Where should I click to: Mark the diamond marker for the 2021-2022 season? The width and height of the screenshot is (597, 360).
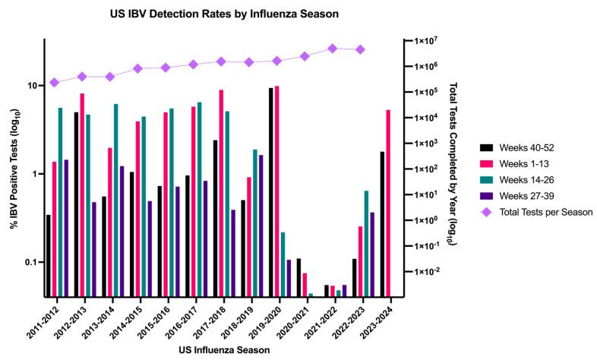point(333,49)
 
